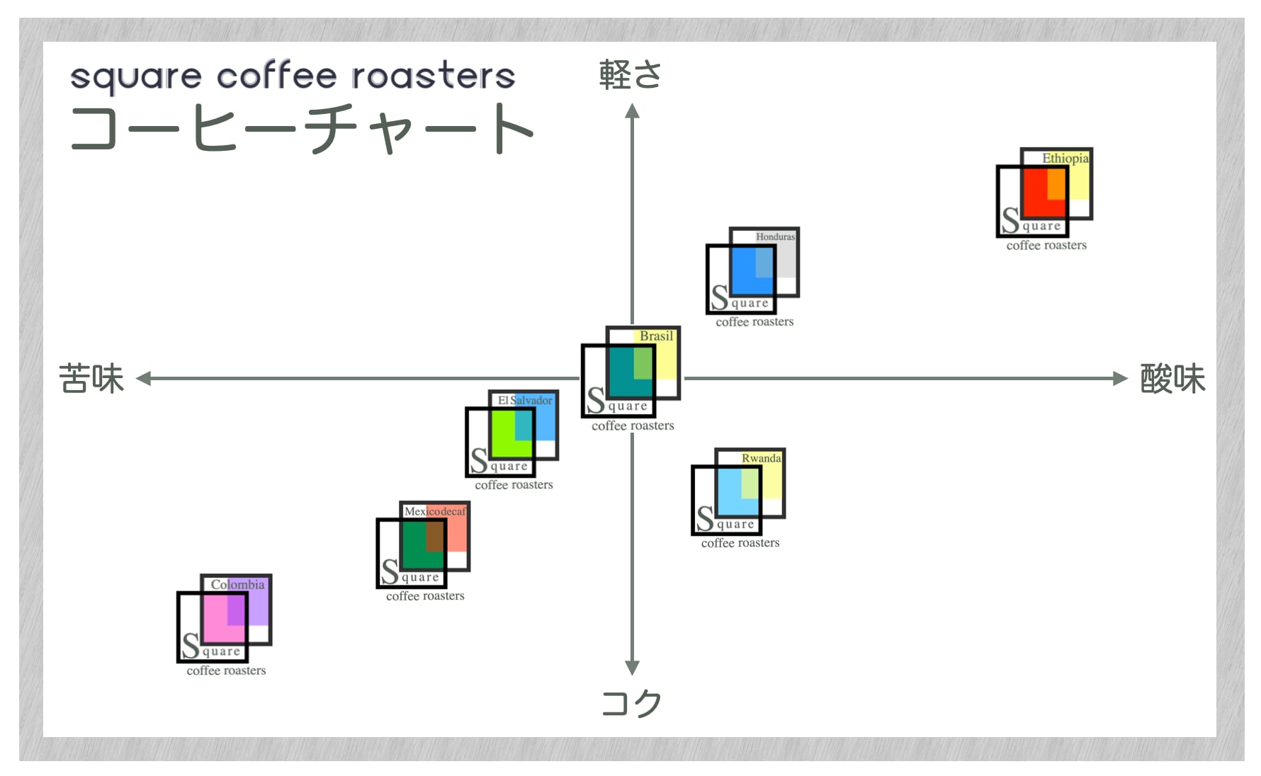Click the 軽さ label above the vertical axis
click(630, 75)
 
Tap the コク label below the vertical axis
click(631, 703)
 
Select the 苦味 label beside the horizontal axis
click(91, 379)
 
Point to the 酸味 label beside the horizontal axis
click(1172, 379)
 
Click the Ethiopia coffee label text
click(1065, 159)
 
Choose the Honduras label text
click(775, 237)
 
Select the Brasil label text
click(656, 336)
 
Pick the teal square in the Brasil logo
click(621, 372)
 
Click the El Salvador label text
click(525, 401)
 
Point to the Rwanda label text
click(762, 459)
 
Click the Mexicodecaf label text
click(436, 511)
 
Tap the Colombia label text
click(238, 585)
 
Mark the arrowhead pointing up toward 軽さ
click(632, 111)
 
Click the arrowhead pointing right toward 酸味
click(1119, 379)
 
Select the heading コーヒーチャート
click(301, 128)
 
